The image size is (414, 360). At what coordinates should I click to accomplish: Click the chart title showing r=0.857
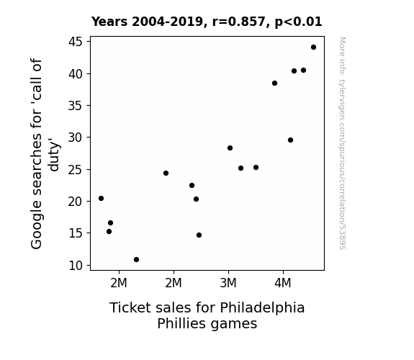(207, 22)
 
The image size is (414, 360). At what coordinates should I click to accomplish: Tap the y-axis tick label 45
(76, 42)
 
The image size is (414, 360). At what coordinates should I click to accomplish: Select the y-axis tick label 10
(76, 266)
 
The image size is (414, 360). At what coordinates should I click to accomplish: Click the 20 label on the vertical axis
(76, 202)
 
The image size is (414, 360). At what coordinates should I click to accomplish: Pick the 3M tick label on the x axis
(228, 283)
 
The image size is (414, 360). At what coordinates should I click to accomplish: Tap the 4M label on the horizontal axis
(283, 283)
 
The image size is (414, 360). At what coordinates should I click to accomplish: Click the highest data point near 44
(313, 48)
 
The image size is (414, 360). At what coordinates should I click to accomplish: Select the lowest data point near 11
(136, 260)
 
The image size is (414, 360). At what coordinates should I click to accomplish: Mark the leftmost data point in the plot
(101, 198)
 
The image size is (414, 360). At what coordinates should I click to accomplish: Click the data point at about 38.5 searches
(274, 84)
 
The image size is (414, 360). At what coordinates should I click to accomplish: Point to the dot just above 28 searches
(230, 148)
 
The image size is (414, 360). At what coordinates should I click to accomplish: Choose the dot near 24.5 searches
(166, 174)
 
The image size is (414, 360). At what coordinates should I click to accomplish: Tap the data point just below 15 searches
(199, 235)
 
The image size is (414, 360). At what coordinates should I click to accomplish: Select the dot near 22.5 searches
(192, 186)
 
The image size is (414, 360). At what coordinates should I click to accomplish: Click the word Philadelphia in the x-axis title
(262, 308)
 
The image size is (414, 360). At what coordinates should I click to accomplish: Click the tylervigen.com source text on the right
(343, 143)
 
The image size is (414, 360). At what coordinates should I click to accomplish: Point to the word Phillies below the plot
(180, 323)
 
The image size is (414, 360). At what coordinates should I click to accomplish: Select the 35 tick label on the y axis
(76, 106)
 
